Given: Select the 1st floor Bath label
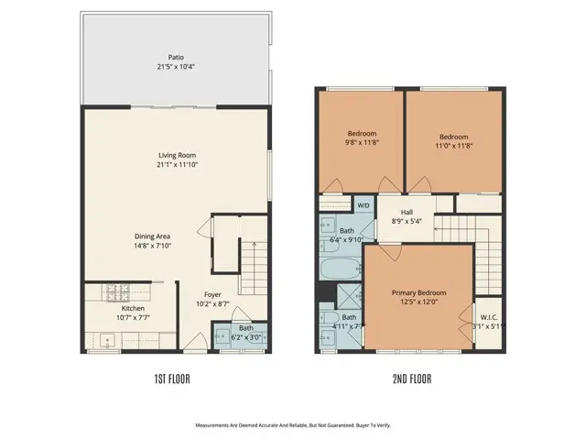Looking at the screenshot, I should click(246, 327).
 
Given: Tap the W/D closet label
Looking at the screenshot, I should click(364, 205).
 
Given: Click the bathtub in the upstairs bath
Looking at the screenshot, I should click(341, 269).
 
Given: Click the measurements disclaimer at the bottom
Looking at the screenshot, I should click(292, 425).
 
